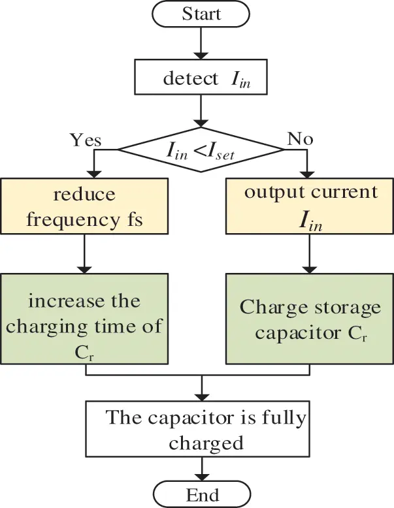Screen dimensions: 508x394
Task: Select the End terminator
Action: (202, 494)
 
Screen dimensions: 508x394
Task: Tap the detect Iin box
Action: (201, 78)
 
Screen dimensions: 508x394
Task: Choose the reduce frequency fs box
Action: (85, 206)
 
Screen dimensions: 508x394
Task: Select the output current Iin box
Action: (311, 206)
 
